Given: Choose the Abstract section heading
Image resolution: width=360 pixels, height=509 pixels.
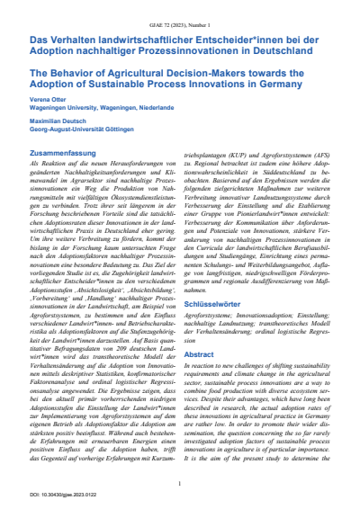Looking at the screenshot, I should click(x=202, y=354).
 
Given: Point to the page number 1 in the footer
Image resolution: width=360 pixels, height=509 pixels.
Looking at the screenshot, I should click(x=180, y=484).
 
